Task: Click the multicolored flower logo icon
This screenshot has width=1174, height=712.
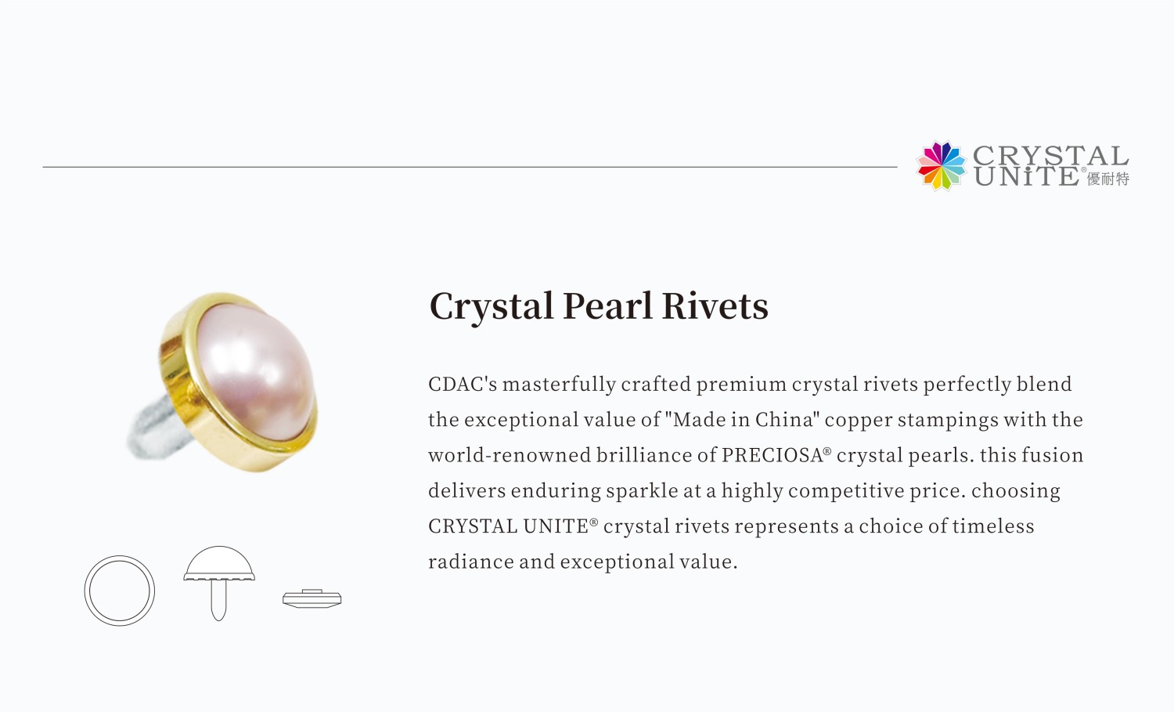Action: point(942,165)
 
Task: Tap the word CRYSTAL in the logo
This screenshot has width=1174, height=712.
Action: point(1050,155)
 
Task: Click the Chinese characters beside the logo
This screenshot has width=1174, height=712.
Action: point(1107,179)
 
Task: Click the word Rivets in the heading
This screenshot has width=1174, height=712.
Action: point(715,306)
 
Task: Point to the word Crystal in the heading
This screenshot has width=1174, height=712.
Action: point(492,306)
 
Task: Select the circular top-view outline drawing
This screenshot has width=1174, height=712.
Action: point(120,591)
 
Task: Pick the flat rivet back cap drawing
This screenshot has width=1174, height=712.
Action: point(312,599)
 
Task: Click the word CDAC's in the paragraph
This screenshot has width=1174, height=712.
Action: point(463,385)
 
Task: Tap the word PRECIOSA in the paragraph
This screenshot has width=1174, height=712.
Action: point(772,456)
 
